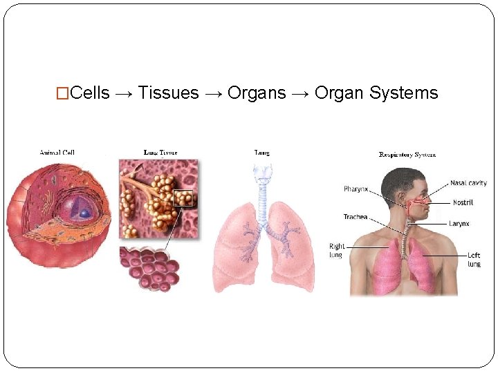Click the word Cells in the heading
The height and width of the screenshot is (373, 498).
90,93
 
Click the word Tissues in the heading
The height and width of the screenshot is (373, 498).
169,93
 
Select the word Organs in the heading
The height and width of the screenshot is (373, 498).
257,93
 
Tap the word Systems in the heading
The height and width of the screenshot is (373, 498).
403,93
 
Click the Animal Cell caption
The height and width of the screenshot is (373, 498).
57,153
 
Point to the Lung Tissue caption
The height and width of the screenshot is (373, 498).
160,153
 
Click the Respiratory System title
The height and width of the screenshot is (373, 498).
407,155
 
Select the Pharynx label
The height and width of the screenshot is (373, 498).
356,189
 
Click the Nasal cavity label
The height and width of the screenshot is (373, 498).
468,183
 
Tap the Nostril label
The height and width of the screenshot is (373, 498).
463,202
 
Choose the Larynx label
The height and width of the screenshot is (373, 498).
459,223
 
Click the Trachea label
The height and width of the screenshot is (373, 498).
356,217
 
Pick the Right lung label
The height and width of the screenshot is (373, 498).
337,250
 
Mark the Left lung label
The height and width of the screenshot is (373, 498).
474,259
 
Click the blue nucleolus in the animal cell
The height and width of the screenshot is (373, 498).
84,213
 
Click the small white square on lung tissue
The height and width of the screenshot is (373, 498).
183,198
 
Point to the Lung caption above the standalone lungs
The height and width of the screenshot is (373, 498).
262,153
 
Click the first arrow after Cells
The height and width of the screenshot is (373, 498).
124,93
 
